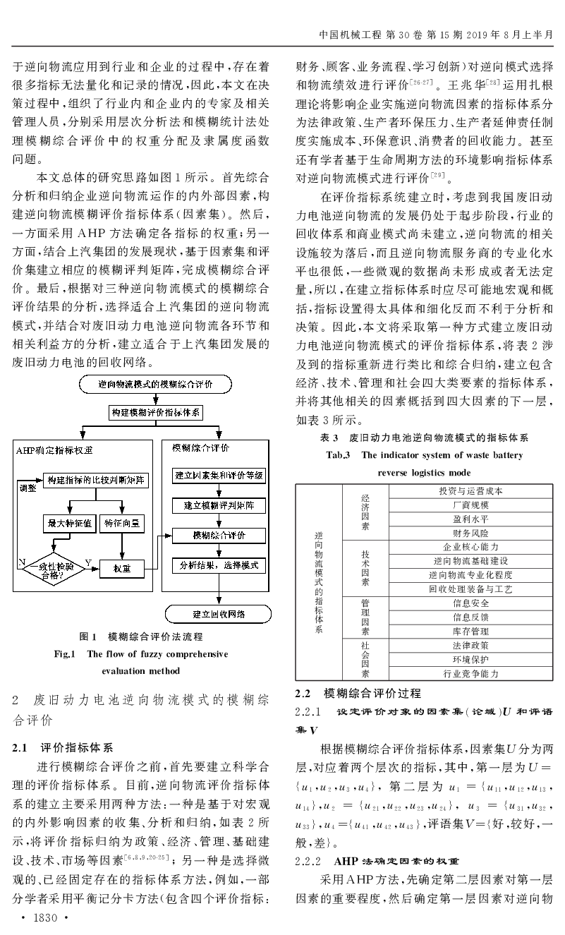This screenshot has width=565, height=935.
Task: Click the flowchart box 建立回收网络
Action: coord(218,614)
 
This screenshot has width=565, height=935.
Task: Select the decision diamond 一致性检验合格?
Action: coord(54,568)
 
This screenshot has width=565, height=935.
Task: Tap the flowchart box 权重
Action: coord(122,569)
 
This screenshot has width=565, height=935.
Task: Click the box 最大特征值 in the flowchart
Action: coord(69,524)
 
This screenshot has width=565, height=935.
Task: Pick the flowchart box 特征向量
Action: coord(122,524)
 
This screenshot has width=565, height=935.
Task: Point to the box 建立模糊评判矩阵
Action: coord(219,505)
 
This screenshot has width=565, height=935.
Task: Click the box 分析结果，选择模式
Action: coord(219,566)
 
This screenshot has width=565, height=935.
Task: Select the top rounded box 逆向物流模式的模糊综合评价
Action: coord(155,384)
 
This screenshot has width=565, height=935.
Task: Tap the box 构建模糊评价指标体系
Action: coord(156,413)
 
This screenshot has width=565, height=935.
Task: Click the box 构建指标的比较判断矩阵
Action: coord(96,480)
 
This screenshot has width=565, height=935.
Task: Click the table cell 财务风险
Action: coord(470,533)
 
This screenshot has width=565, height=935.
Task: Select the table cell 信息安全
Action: coord(470,603)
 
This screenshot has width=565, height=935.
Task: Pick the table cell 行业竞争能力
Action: coord(470,673)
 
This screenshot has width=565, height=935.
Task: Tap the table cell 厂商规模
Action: coord(470,505)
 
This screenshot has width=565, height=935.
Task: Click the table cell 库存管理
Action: coord(470,631)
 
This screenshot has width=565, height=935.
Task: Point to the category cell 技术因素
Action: coord(365,568)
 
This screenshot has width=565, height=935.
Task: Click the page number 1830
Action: coord(45,917)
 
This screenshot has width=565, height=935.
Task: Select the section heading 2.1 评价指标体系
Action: coord(63,747)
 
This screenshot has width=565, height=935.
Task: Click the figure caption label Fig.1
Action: coord(64,654)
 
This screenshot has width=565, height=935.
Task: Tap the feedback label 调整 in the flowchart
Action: coord(28,488)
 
